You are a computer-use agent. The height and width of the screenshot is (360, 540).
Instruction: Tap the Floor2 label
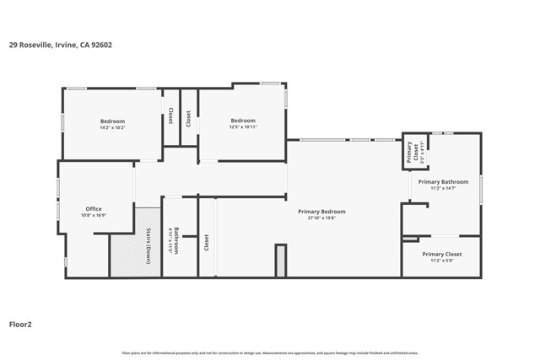click(x=20, y=323)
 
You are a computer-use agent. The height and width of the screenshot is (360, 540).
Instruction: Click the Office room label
click(x=94, y=209)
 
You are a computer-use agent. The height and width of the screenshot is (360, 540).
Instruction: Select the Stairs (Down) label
click(x=148, y=245)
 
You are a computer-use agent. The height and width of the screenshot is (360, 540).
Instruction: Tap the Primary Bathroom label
click(x=443, y=182)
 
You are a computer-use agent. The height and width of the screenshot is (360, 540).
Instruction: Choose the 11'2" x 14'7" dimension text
click(x=443, y=188)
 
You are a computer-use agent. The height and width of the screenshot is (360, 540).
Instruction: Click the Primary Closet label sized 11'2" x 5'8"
click(x=442, y=254)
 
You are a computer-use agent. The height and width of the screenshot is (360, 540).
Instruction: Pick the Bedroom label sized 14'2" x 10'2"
click(x=112, y=121)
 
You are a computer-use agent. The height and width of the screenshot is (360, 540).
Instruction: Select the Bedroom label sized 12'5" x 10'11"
click(x=243, y=121)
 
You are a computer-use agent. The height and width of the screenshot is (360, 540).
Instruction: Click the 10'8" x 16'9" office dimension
click(x=94, y=215)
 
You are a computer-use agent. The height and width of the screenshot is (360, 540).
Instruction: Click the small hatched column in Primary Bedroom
click(x=281, y=261)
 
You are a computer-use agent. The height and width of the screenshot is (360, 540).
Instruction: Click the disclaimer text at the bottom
click(x=270, y=353)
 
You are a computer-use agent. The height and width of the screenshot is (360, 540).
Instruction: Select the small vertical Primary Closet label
click(x=409, y=152)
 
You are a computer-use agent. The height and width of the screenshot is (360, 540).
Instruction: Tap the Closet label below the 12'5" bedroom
click(x=188, y=119)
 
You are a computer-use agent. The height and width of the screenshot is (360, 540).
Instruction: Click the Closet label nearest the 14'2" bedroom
click(x=170, y=116)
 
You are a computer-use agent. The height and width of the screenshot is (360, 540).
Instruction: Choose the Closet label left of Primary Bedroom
click(x=206, y=244)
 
